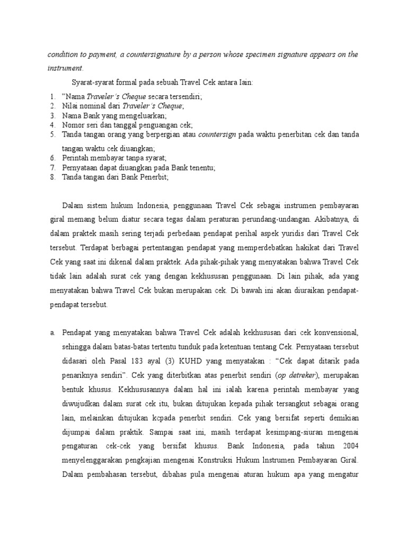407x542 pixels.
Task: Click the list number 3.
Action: [x=52, y=115]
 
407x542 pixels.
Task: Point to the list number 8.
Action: [x=52, y=177]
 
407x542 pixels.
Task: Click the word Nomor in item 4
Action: [x=74, y=125]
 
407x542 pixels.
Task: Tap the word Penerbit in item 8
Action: [x=153, y=177]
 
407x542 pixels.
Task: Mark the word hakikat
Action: [x=324, y=246]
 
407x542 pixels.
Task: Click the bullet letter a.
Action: [x=52, y=333]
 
